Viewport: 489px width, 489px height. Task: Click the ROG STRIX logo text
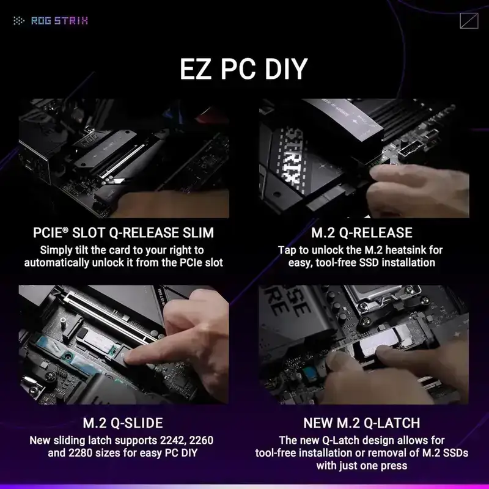tap(59, 21)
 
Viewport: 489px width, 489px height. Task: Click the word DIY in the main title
tap(282, 70)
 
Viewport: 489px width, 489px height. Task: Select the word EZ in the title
tap(197, 70)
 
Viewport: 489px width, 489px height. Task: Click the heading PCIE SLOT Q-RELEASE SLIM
tap(123, 233)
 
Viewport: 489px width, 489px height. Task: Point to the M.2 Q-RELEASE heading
tap(362, 233)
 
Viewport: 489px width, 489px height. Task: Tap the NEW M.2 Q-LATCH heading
tap(362, 423)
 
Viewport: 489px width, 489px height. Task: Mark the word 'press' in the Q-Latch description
tap(392, 465)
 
